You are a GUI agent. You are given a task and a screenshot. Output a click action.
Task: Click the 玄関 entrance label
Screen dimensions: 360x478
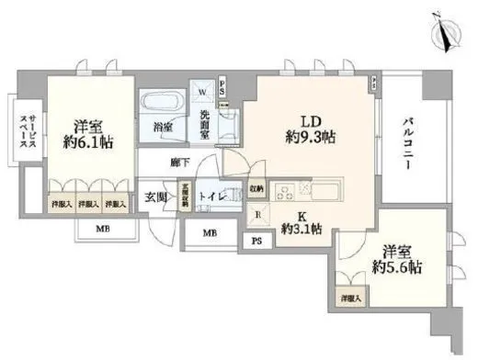(155, 196)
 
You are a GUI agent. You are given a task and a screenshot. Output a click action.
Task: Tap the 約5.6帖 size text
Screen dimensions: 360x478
(402, 268)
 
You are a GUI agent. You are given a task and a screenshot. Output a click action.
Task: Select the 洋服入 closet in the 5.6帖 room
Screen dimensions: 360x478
(350, 298)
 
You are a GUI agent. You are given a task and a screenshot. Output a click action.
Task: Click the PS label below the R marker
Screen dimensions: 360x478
(257, 242)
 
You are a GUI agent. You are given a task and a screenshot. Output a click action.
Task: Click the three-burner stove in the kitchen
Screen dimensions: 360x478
(285, 191)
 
